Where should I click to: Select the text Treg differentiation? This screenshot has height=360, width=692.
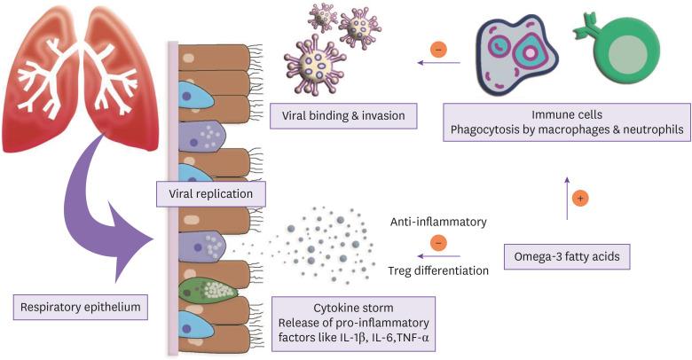tap(438, 270)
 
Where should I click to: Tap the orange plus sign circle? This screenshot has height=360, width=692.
tap(580, 198)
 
